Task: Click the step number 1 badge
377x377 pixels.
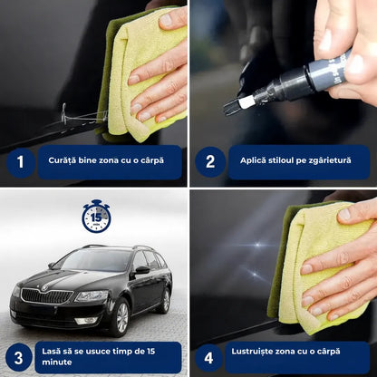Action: pyautogui.click(x=18, y=162)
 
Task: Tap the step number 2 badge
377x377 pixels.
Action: pyautogui.click(x=210, y=162)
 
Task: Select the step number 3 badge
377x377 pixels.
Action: pyautogui.click(x=18, y=356)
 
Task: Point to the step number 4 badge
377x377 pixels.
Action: pyautogui.click(x=210, y=356)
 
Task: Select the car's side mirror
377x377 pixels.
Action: pyautogui.click(x=141, y=269)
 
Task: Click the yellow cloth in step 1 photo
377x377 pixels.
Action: pyautogui.click(x=150, y=72)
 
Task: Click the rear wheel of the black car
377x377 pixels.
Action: pyautogui.click(x=166, y=299)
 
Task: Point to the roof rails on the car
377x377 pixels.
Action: pyautogui.click(x=118, y=246)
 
